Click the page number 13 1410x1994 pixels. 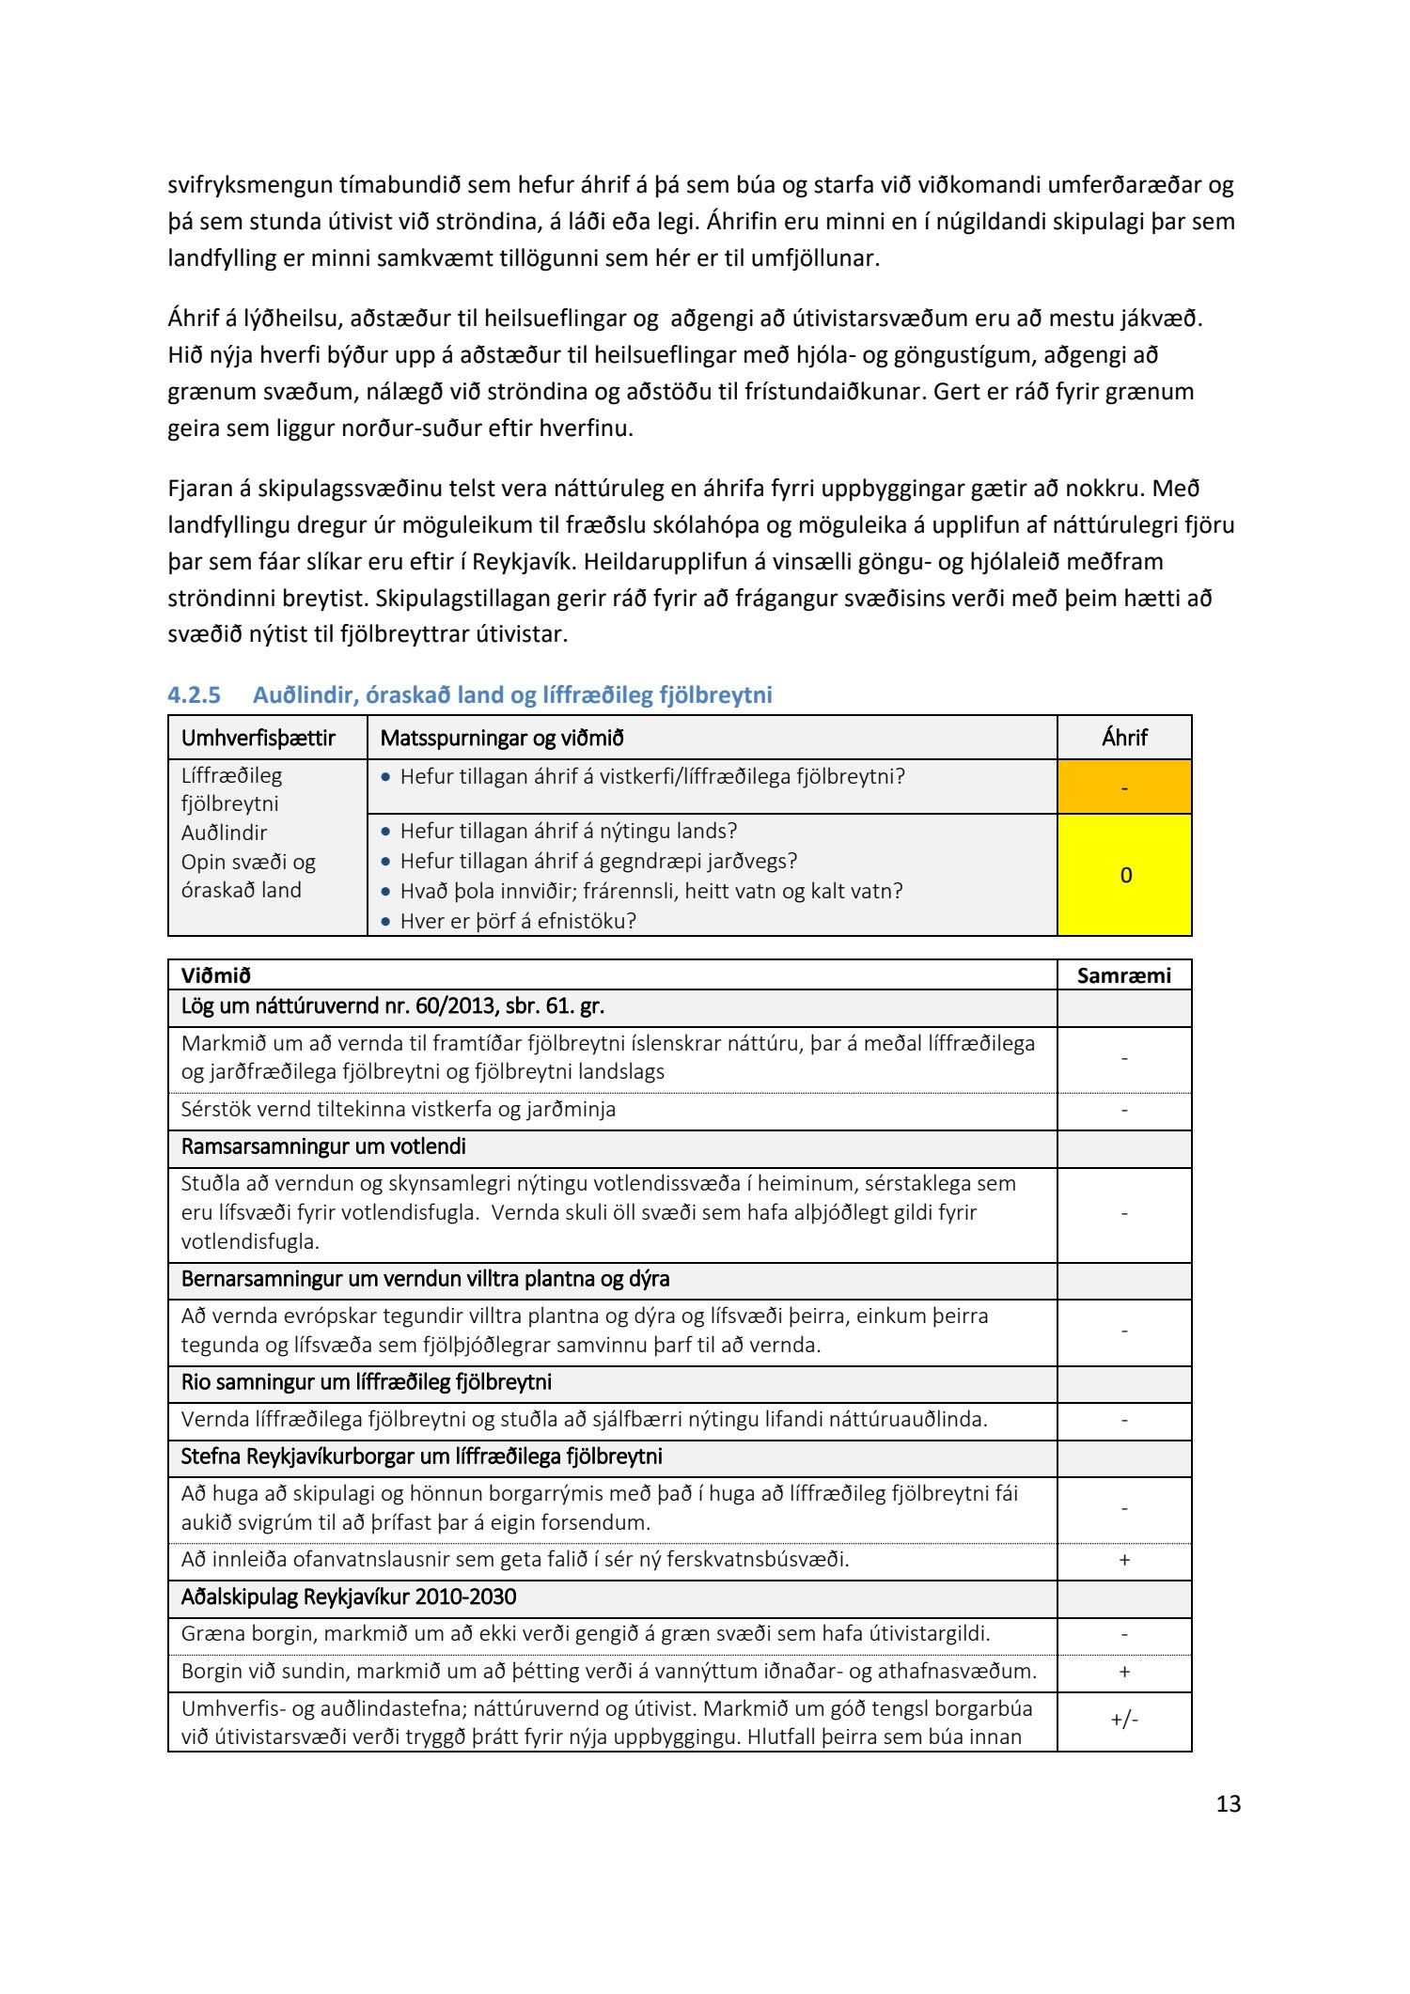coord(1228,1803)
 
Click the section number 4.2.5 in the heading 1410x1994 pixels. coord(194,695)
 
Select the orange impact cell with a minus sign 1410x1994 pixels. coord(1124,787)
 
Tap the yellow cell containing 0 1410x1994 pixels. coord(1124,875)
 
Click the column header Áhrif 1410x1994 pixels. coord(1124,738)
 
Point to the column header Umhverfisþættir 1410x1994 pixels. coord(258,738)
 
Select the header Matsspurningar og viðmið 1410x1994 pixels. coord(502,738)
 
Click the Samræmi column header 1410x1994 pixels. coord(1124,975)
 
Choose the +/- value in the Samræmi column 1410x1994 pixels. coord(1124,1720)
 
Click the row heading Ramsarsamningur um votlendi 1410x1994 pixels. coord(323,1146)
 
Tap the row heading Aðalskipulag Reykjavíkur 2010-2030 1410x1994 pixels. coord(349,1597)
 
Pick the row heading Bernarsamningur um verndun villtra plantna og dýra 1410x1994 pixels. coord(425,1279)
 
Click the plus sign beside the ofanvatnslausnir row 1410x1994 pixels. coord(1124,1560)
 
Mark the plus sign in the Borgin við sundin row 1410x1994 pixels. coord(1124,1672)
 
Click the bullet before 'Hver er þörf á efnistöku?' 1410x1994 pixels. coord(385,922)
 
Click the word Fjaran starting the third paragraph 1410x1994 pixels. coord(198,489)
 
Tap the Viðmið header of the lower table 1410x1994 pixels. coord(216,975)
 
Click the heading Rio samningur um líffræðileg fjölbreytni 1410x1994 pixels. coord(367,1382)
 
